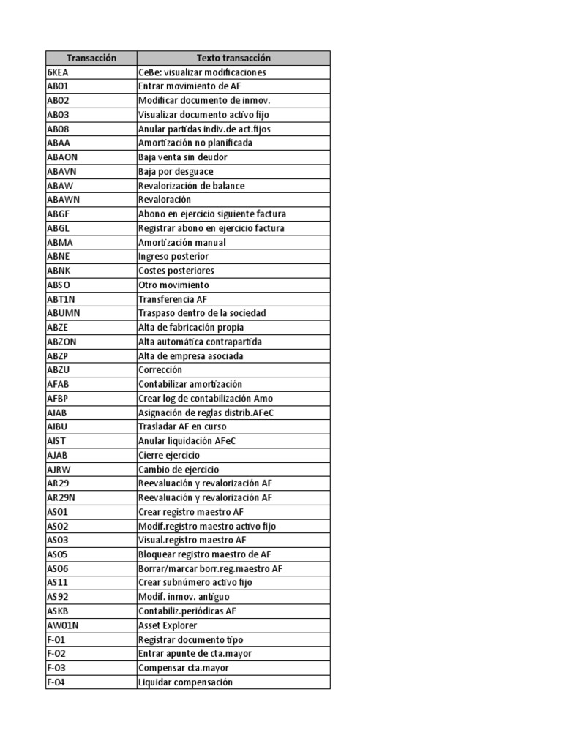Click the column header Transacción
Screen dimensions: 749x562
point(91,58)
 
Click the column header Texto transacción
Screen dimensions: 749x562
point(233,58)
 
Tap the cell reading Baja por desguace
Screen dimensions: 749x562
point(176,171)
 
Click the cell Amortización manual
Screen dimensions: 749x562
point(182,242)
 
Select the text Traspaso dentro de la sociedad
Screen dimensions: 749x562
point(202,313)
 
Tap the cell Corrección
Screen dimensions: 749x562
point(160,370)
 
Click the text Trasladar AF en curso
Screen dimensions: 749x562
point(182,426)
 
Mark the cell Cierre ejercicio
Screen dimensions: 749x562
point(169,455)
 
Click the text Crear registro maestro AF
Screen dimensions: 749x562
point(192,512)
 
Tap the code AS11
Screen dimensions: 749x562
point(58,583)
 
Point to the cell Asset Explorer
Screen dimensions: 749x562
point(168,625)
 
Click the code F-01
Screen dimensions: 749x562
point(56,639)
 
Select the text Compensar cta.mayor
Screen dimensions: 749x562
point(184,668)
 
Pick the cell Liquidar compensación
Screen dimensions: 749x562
point(185,682)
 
